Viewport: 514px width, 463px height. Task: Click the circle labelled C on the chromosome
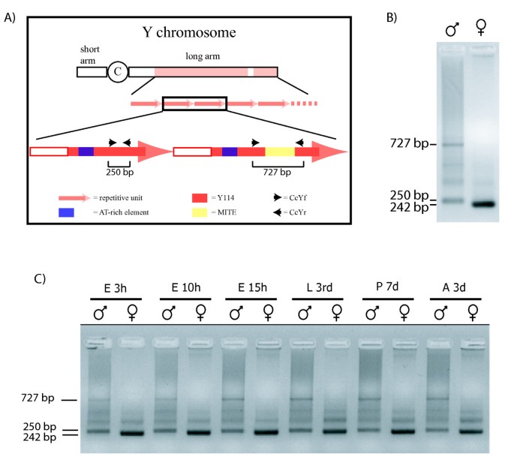118,72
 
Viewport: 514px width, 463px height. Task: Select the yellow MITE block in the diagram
280,152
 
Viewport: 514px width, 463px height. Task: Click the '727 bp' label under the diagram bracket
279,173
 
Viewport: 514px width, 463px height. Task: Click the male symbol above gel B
452,29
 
